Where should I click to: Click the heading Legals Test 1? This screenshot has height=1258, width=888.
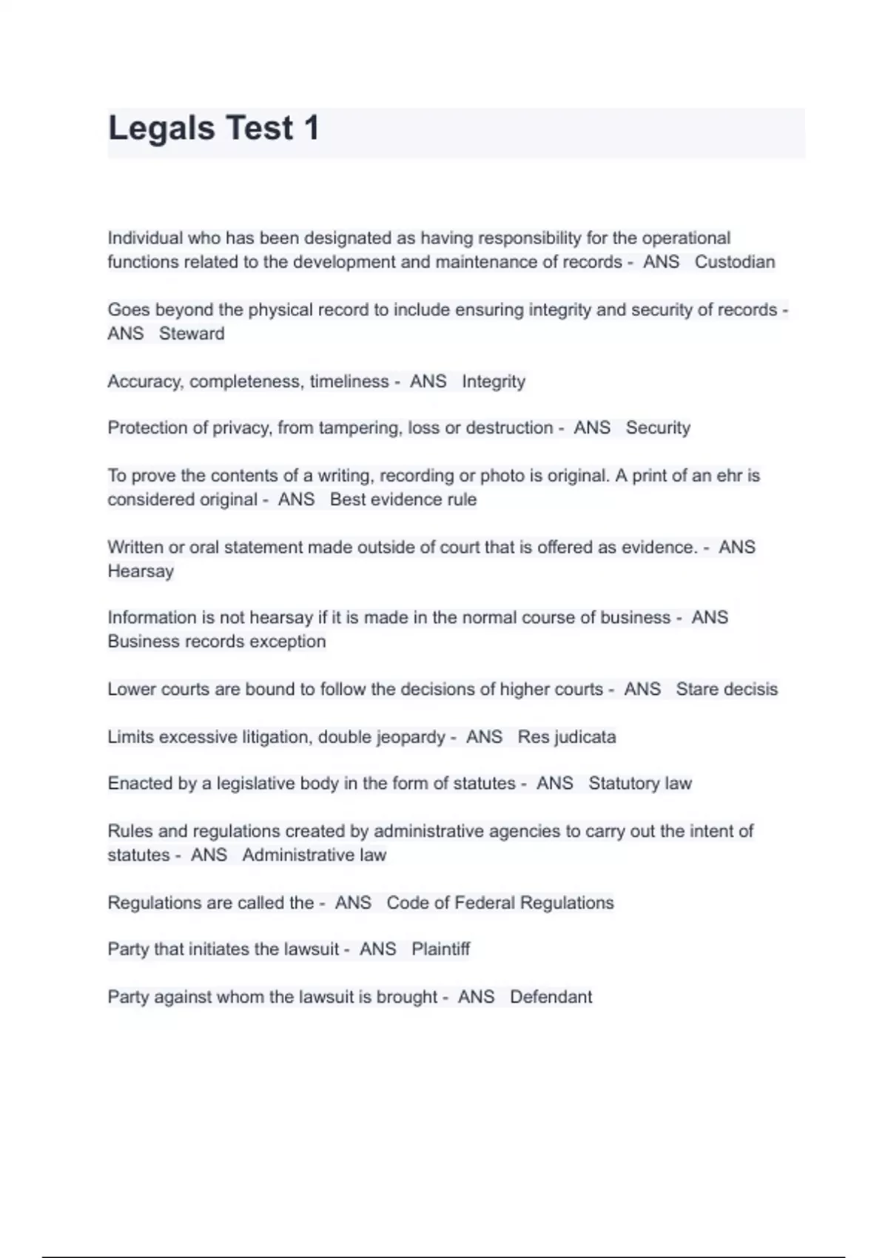[214, 128]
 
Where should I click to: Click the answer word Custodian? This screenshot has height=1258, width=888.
[734, 262]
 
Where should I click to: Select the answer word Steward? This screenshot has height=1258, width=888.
[192, 334]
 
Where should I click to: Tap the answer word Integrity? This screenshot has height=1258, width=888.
[494, 382]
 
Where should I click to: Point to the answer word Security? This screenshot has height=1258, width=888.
[658, 428]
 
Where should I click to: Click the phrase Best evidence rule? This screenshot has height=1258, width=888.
[403, 499]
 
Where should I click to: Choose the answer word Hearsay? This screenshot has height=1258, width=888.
[141, 571]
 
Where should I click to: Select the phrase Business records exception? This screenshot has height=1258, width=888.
[217, 642]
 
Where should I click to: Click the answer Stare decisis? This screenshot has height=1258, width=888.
[727, 690]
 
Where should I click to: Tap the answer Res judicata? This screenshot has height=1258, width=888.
[567, 737]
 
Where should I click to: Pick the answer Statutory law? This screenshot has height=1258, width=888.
[640, 784]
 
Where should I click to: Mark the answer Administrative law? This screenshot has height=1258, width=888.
[314, 855]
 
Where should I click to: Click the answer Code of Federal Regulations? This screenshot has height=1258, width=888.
[500, 903]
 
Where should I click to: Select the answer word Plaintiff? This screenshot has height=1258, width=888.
[440, 949]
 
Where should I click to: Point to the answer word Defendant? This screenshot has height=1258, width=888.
[551, 998]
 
